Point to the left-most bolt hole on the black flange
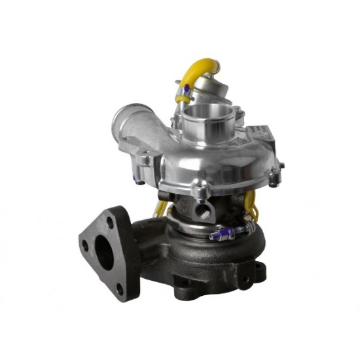tap(85, 247)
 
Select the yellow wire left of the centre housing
tap(160, 208)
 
